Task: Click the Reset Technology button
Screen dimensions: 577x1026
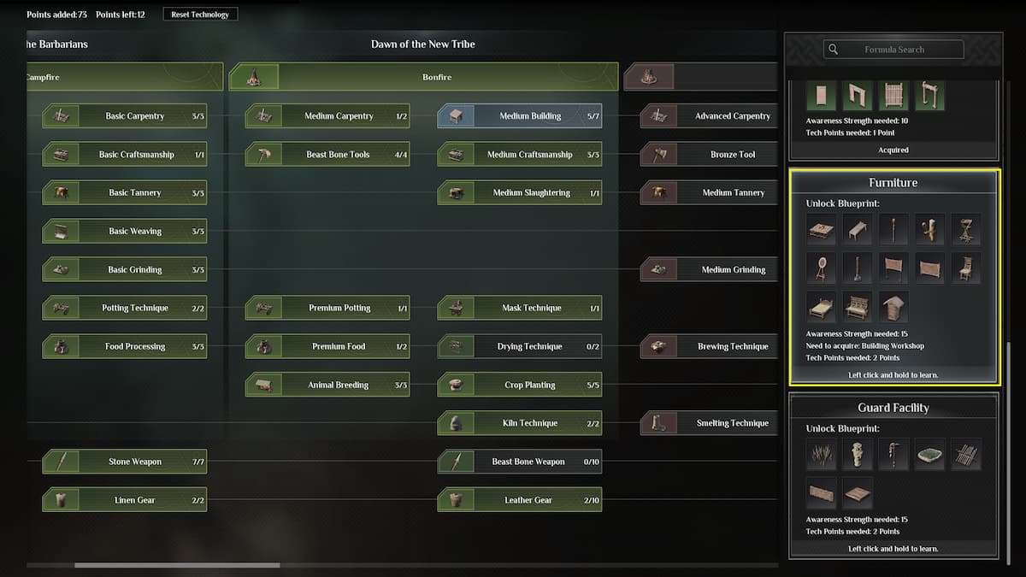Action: point(200,15)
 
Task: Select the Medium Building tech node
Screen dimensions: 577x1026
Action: point(520,116)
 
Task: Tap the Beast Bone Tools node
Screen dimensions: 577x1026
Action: point(327,155)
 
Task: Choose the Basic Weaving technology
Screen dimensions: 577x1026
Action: point(125,232)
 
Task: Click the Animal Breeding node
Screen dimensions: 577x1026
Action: point(327,385)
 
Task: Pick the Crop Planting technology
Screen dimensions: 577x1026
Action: point(520,385)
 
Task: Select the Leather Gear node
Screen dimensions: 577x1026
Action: point(520,500)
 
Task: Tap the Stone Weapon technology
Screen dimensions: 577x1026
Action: point(125,462)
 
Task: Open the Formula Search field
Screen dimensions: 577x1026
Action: point(893,50)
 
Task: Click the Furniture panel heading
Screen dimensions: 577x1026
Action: point(893,183)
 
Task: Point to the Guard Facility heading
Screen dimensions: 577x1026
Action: point(893,408)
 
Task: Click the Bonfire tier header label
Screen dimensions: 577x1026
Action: point(437,77)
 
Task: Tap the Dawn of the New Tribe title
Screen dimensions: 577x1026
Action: point(422,44)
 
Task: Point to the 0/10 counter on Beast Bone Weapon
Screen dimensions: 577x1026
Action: point(591,462)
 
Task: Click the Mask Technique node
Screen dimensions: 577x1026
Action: point(520,308)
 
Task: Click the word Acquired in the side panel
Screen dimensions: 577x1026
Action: point(893,150)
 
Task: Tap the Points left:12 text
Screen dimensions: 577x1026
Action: point(120,15)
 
